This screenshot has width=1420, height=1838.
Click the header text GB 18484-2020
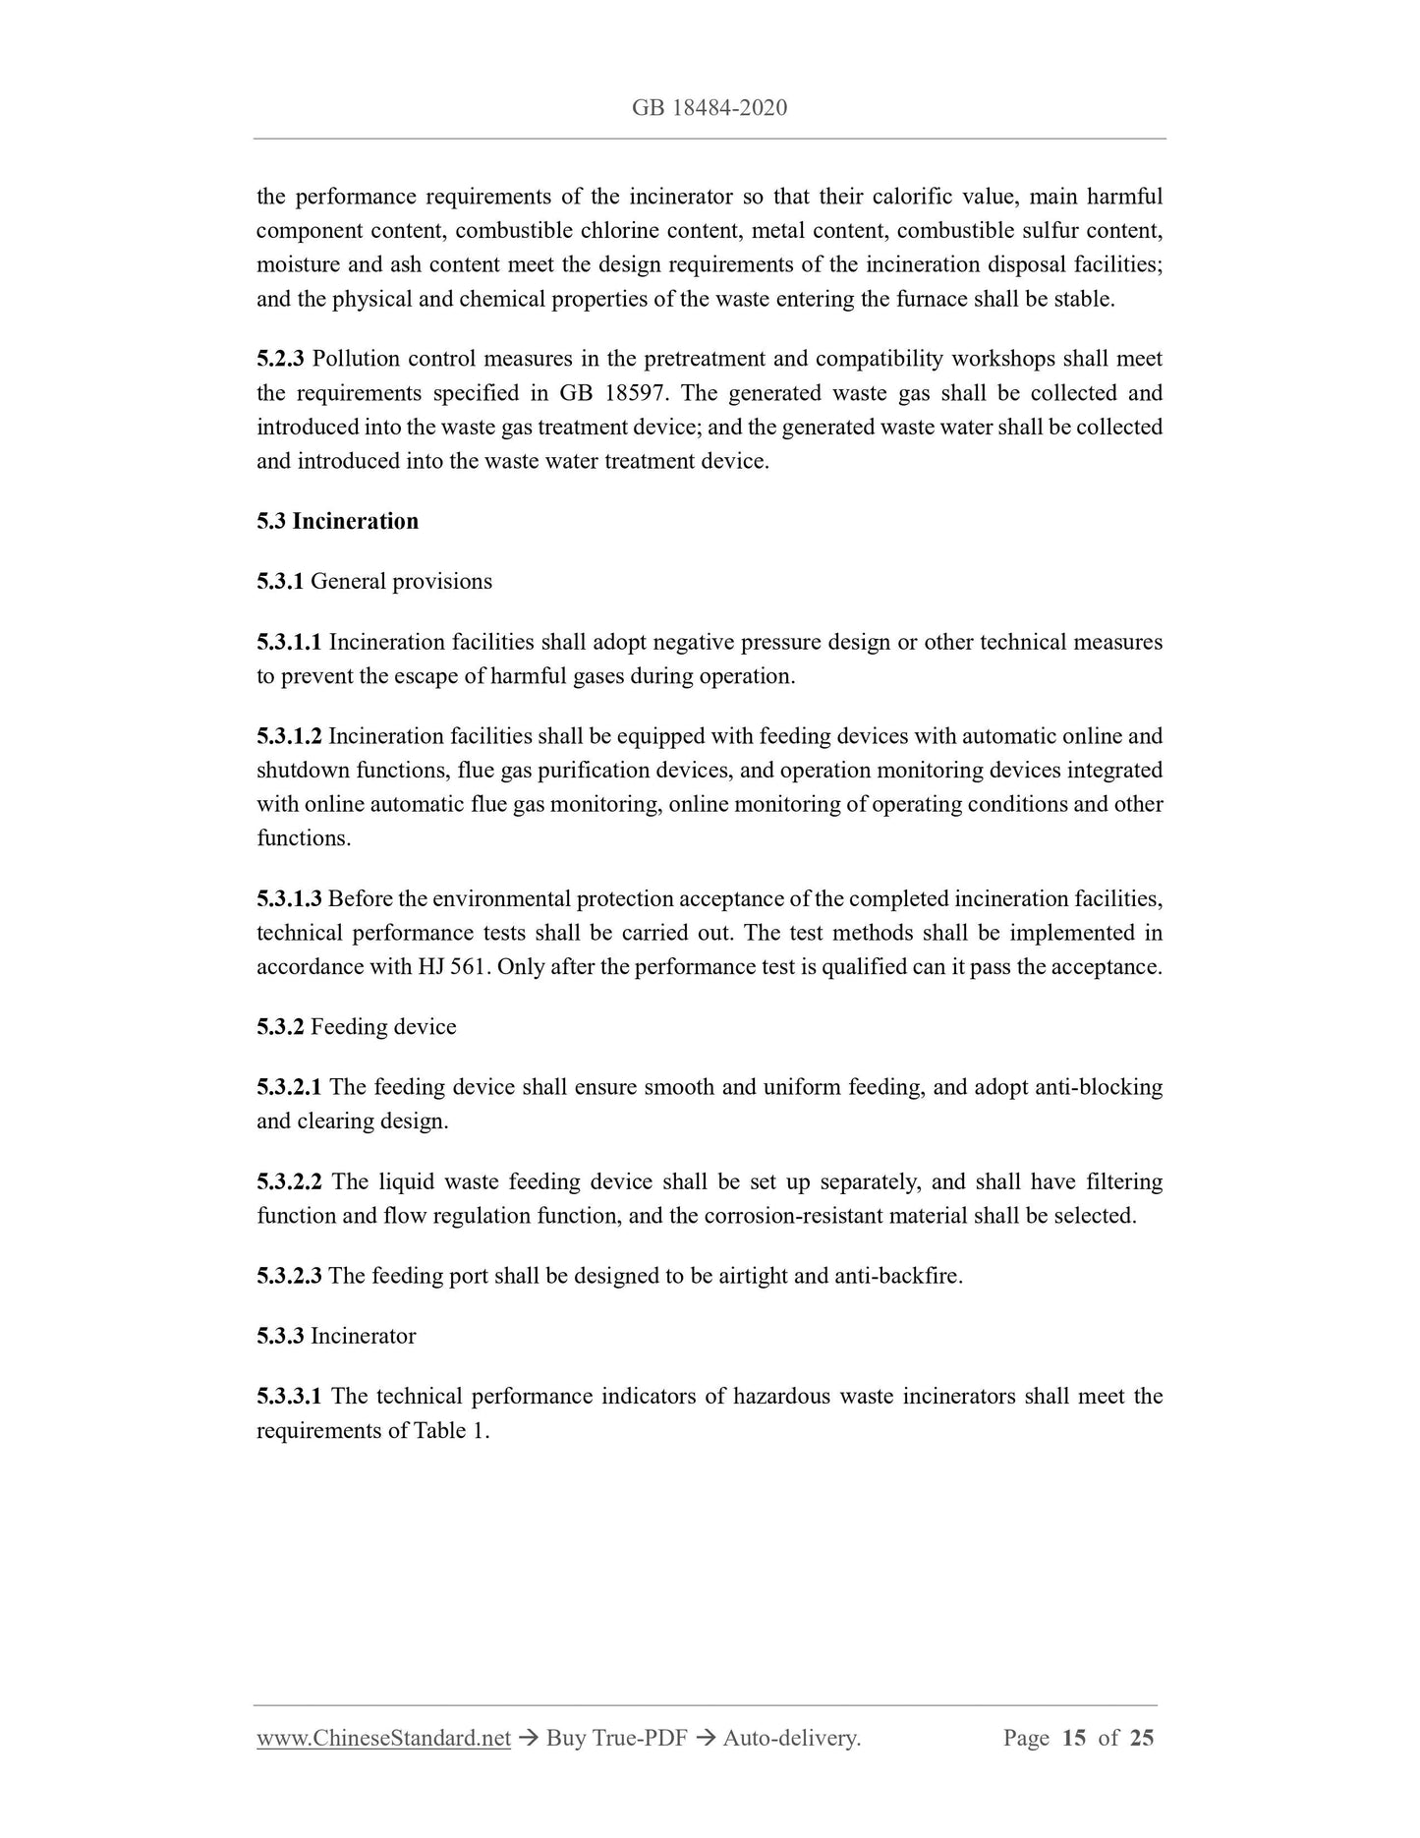pos(710,107)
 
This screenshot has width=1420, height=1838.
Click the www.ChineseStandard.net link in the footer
pos(383,1738)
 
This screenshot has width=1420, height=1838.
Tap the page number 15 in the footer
pos(1073,1738)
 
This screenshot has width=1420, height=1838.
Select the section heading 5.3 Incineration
pos(337,521)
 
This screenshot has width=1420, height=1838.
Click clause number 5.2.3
pos(280,360)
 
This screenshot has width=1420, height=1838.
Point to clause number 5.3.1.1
pos(289,642)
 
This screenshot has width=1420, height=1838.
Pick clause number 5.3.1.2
pos(289,736)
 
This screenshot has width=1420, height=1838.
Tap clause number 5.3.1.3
pos(289,898)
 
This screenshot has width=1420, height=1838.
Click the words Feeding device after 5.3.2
pos(383,1027)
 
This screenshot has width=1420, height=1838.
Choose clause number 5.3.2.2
pos(289,1181)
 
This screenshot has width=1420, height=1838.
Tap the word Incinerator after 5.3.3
pos(363,1336)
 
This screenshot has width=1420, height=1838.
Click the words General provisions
pos(401,581)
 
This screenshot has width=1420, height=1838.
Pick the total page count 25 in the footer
pos(1142,1738)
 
